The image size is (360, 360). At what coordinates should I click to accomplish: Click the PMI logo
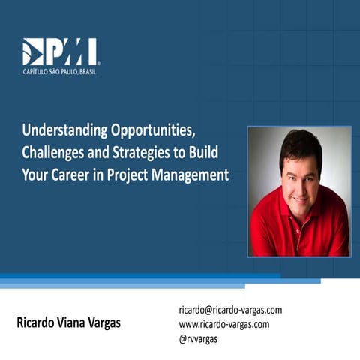pyautogui.click(x=60, y=52)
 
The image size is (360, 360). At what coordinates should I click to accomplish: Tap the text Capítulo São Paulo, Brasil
pyautogui.click(x=60, y=71)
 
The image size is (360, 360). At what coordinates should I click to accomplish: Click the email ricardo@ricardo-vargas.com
pyautogui.click(x=230, y=310)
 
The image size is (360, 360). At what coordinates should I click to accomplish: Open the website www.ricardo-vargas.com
pyautogui.click(x=223, y=324)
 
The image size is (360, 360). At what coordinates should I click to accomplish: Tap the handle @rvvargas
pyautogui.click(x=199, y=338)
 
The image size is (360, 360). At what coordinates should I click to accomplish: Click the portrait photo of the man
pyautogui.click(x=299, y=190)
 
